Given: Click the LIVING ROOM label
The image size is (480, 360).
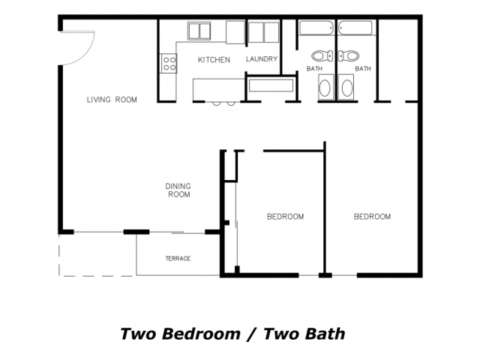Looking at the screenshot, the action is (x=112, y=100).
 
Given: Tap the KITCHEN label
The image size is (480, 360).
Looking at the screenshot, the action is (x=214, y=60).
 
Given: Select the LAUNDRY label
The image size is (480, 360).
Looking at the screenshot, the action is (x=262, y=58).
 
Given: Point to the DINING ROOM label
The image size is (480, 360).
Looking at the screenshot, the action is (x=178, y=190).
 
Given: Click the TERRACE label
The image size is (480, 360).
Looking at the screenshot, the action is (x=178, y=259).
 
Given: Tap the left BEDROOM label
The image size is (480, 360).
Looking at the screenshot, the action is (x=285, y=217).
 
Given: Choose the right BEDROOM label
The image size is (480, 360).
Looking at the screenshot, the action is (x=372, y=217).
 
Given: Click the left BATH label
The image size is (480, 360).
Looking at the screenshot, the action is (x=314, y=68).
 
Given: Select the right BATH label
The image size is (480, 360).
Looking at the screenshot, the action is (x=363, y=68).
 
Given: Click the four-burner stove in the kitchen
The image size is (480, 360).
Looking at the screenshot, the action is (x=169, y=63).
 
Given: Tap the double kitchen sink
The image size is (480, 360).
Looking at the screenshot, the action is (x=199, y=31).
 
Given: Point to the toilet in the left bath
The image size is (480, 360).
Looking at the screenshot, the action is (x=322, y=56).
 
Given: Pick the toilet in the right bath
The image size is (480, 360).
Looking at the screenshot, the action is (x=349, y=56).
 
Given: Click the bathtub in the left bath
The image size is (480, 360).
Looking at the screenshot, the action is (x=316, y=28).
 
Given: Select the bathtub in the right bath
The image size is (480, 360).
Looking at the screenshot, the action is (x=355, y=28).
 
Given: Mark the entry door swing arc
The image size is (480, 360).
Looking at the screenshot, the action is (x=87, y=54).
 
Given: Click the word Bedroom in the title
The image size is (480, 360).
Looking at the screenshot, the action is (x=201, y=334).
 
